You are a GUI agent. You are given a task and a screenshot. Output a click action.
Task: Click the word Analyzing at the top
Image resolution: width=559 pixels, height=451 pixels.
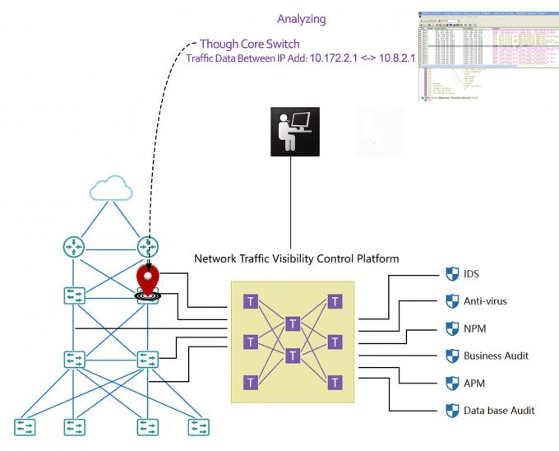click(x=301, y=18)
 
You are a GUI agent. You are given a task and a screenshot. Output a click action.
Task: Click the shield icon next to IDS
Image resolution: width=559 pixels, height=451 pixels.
click(x=451, y=274)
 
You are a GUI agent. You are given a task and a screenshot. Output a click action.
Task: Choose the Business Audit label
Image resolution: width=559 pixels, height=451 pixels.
click(x=496, y=356)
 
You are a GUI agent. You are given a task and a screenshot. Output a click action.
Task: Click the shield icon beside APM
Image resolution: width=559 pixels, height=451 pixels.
click(x=451, y=383)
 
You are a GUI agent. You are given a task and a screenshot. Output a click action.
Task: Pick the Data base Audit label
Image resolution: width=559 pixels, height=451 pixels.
click(x=499, y=409)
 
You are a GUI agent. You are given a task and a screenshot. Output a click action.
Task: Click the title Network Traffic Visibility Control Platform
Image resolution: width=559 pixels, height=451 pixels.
click(x=296, y=258)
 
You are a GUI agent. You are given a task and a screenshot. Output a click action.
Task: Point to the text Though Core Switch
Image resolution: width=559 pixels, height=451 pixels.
click(x=249, y=44)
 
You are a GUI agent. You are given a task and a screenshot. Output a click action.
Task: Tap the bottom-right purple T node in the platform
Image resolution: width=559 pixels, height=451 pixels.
click(x=335, y=382)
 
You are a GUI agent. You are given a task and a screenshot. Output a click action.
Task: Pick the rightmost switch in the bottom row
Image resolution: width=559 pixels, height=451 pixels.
click(x=198, y=427)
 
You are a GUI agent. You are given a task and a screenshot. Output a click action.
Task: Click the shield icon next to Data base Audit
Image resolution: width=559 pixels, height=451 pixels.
click(x=451, y=409)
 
